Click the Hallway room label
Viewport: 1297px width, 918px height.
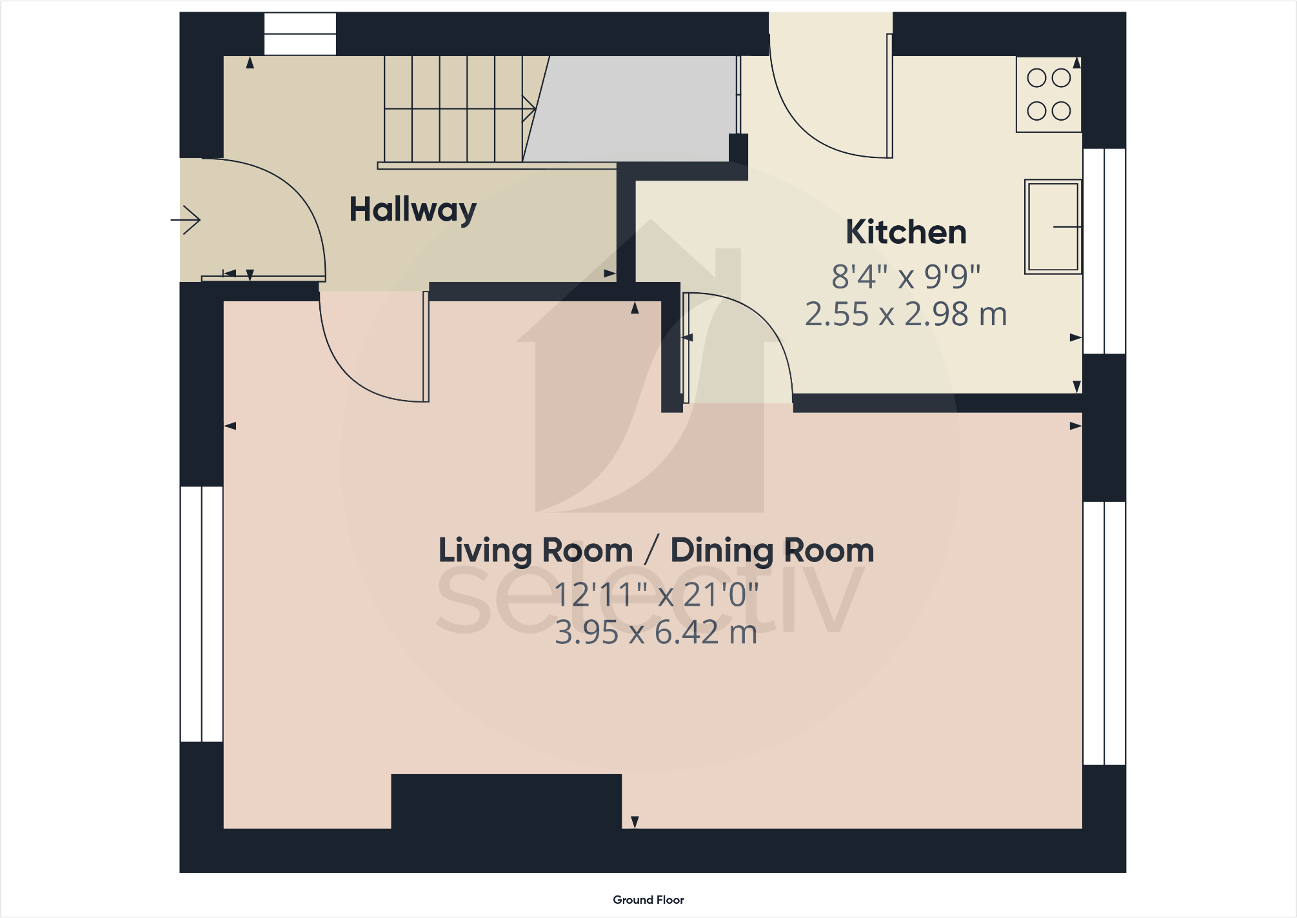(x=413, y=210)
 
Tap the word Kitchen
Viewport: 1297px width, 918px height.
(x=906, y=232)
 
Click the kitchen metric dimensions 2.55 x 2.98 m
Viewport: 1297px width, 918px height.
(x=906, y=315)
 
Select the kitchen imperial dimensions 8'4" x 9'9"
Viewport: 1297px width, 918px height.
(x=906, y=277)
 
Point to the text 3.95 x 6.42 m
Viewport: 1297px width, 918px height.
(x=656, y=632)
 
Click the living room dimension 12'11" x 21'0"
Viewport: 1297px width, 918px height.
(x=656, y=595)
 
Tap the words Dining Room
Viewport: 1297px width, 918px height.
(x=772, y=551)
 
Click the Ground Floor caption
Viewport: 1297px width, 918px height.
(x=648, y=900)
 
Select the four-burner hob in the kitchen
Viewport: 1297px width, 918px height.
(x=1049, y=95)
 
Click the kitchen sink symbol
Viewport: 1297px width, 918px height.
(x=1053, y=227)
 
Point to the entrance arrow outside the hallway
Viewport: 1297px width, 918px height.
(x=186, y=220)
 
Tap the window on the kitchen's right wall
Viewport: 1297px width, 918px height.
(x=1104, y=251)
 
